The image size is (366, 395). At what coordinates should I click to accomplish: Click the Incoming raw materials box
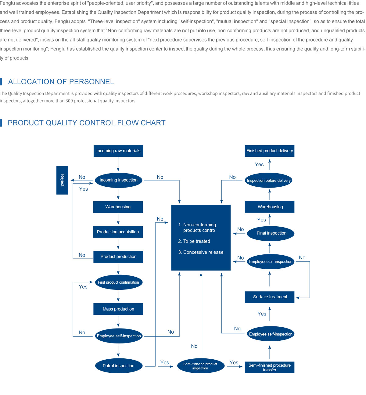point(118,151)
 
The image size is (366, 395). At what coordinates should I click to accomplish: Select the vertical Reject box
point(62,180)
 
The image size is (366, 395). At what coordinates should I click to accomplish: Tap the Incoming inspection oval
point(119,180)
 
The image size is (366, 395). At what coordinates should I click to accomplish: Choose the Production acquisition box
point(118,232)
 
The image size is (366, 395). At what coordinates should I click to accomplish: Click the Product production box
point(118,257)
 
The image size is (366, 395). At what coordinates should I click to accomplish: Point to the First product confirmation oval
point(118,282)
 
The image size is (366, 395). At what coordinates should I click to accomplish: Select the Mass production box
point(118,309)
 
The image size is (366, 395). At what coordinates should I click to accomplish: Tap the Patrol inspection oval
point(119,366)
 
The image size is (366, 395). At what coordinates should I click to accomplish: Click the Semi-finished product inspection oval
point(200,366)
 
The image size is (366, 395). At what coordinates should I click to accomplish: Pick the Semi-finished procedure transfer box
point(270,368)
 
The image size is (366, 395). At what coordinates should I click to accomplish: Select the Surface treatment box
point(270,297)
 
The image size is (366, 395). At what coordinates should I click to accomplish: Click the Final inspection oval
point(271,233)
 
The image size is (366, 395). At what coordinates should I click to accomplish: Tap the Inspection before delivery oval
point(269,181)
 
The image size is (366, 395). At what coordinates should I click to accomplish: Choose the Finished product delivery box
point(270,151)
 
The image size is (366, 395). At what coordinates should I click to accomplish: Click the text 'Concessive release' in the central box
point(203,252)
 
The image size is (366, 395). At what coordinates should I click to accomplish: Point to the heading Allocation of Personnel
point(61,82)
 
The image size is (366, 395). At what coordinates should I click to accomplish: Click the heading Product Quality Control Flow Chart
point(87,123)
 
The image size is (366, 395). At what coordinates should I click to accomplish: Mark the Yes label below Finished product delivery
point(259,165)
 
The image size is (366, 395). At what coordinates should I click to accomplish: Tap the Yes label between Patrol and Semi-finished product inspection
point(165,363)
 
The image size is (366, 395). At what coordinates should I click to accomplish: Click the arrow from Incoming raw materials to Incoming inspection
point(118,165)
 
